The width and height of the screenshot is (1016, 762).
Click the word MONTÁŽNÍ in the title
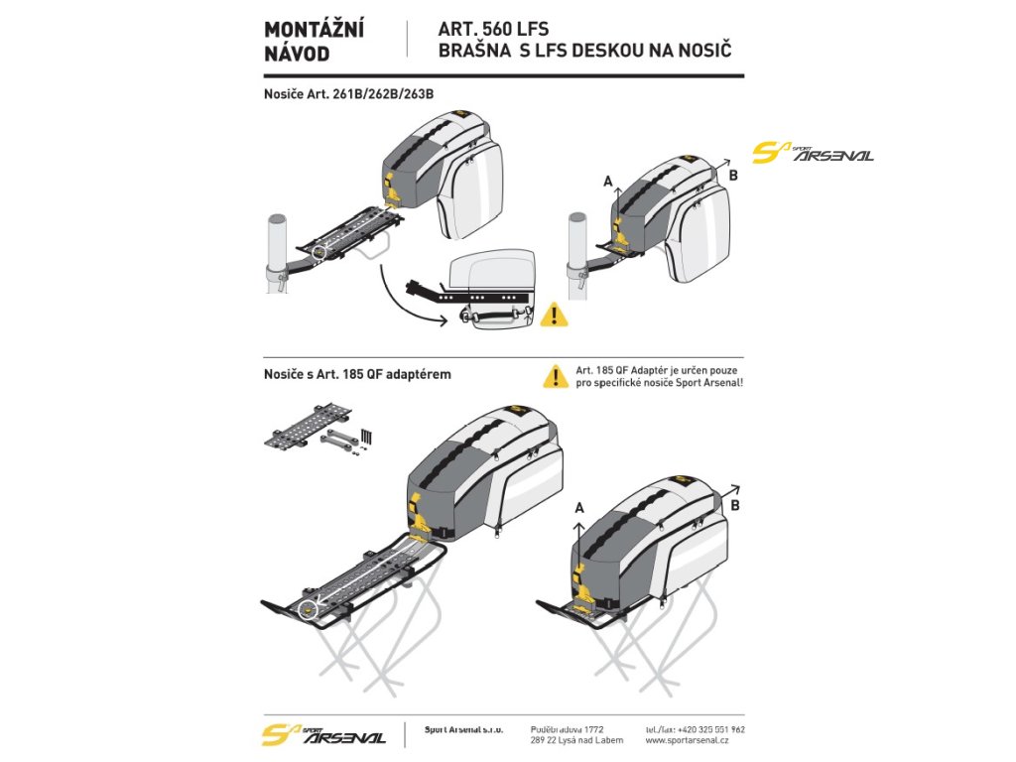coord(314,31)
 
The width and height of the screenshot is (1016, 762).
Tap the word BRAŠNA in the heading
coord(474,51)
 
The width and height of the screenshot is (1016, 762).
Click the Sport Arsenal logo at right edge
coord(813,153)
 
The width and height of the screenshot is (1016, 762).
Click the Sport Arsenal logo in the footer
coord(324,736)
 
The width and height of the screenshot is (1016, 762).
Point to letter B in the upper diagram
coord(734,176)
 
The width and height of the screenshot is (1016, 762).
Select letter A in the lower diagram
coord(579,507)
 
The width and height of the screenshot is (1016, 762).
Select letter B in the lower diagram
coord(734,504)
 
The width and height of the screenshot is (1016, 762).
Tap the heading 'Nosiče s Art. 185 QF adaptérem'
coord(357,374)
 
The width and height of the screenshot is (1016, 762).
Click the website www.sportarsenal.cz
coord(688,740)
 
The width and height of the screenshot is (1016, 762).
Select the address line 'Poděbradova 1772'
coord(568,729)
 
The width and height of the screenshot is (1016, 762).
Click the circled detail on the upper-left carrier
coord(317,254)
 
